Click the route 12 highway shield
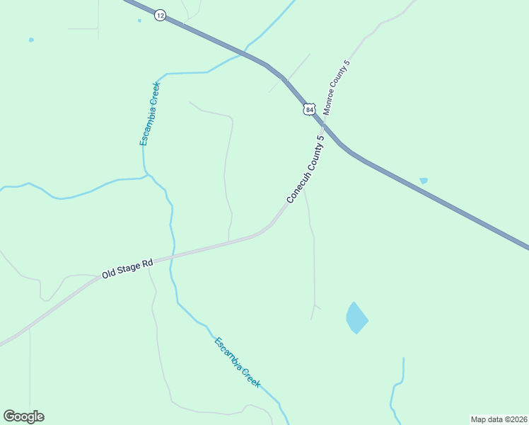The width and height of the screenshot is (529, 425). (x=161, y=15)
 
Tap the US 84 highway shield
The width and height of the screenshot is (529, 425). (x=309, y=109)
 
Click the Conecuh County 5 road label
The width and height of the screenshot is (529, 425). (x=305, y=169)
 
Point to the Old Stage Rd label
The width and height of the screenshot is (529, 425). (x=127, y=268)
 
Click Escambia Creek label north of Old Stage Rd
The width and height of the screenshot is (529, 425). (x=150, y=114)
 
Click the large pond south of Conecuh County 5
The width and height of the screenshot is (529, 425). (x=356, y=318)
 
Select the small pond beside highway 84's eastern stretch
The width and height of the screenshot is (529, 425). (x=424, y=181)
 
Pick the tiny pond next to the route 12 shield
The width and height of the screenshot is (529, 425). (x=139, y=21)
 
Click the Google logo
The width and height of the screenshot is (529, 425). (x=23, y=416)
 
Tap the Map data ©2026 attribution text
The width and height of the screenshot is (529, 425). (x=499, y=419)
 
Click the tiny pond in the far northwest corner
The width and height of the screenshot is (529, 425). (x=31, y=40)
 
